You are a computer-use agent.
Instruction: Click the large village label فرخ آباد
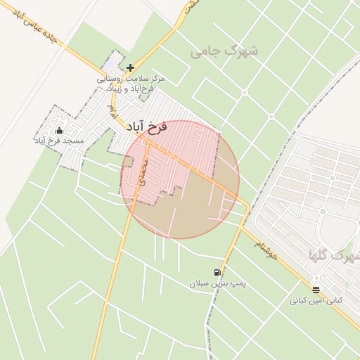146,127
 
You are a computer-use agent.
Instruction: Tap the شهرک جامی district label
224,51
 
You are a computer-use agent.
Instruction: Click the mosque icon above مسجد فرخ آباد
59,130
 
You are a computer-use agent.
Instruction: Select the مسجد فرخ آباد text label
58,141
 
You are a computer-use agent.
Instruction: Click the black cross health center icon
130,68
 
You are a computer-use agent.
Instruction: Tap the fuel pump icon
217,272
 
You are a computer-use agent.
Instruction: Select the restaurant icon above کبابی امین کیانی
316,289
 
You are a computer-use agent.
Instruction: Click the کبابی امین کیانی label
316,300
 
